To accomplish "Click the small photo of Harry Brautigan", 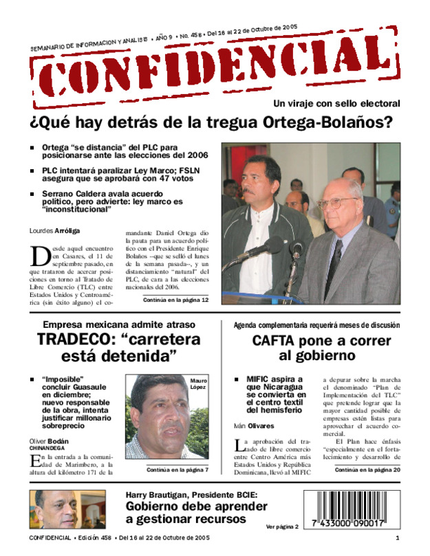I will click(x=67, y=509).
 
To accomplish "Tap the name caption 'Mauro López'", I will click(x=198, y=383).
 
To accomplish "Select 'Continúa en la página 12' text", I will click(x=175, y=300).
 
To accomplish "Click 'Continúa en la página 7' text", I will click(x=178, y=469).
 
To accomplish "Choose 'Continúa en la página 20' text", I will click(x=367, y=469).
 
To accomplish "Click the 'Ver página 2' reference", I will click(x=282, y=526).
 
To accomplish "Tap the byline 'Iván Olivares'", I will click(x=255, y=425).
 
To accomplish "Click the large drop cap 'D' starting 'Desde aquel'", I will click(x=39, y=256).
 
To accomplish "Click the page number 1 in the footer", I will click(x=397, y=537).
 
